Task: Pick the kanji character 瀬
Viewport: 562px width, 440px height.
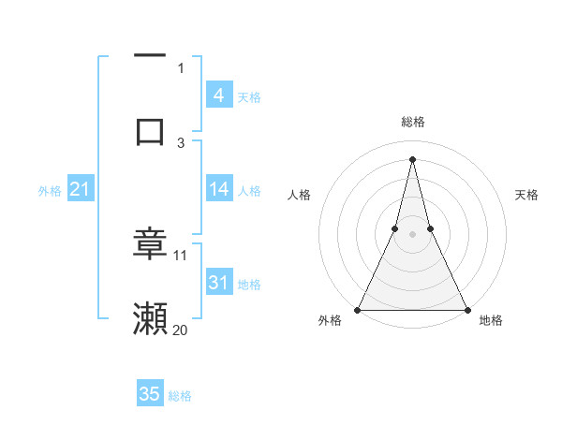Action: pyautogui.click(x=150, y=318)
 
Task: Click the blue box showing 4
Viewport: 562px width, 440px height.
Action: pyautogui.click(x=219, y=95)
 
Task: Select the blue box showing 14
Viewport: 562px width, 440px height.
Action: pyautogui.click(x=219, y=189)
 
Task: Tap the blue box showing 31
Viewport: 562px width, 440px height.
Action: pyautogui.click(x=219, y=283)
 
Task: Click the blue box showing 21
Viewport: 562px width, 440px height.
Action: pyautogui.click(x=81, y=189)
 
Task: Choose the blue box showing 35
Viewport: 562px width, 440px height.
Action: pyautogui.click(x=150, y=394)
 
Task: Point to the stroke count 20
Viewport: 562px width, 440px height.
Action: pyautogui.click(x=181, y=330)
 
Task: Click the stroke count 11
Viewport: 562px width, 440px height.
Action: pyautogui.click(x=181, y=255)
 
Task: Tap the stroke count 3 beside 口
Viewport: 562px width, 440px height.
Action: pyautogui.click(x=181, y=142)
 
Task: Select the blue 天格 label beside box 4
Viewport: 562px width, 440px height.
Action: pyautogui.click(x=249, y=96)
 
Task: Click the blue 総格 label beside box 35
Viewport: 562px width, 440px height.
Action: pyautogui.click(x=180, y=396)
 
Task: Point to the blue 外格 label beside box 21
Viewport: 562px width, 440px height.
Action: pyautogui.click(x=50, y=191)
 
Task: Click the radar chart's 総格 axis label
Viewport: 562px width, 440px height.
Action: pyautogui.click(x=413, y=122)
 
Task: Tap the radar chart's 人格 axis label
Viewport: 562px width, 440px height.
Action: pyautogui.click(x=299, y=195)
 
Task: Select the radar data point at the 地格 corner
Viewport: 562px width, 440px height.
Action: pyautogui.click(x=467, y=309)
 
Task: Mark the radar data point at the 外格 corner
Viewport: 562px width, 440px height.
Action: pyautogui.click(x=358, y=309)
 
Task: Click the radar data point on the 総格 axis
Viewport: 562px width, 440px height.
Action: pyautogui.click(x=413, y=158)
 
